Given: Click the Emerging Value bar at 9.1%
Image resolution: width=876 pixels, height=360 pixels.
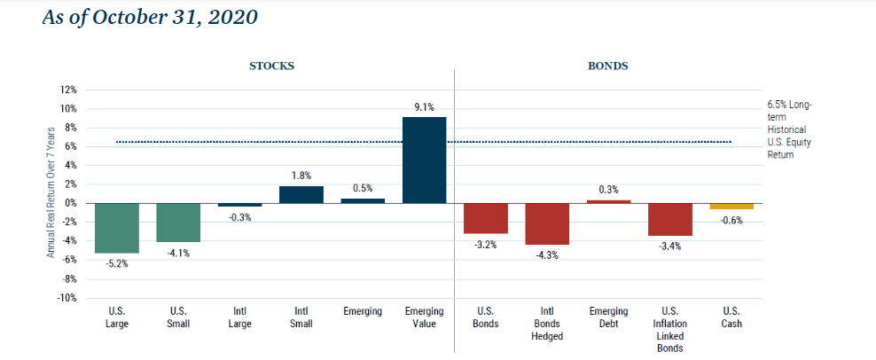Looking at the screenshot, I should [424, 160].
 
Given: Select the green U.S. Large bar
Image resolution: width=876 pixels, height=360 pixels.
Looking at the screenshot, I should [116, 228].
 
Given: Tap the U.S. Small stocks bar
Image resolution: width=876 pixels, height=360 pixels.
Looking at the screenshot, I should [178, 223].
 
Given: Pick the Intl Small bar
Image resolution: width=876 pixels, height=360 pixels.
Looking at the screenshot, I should [301, 194].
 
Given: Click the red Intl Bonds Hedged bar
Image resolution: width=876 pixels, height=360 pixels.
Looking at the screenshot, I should [547, 223].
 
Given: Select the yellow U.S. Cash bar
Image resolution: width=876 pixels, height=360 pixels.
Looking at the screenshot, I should [731, 206].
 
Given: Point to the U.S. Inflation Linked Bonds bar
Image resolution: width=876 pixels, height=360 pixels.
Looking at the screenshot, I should [670, 219].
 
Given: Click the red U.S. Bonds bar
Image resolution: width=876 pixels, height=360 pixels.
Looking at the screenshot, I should [486, 218].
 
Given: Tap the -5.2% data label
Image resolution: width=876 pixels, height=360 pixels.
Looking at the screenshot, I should [117, 263].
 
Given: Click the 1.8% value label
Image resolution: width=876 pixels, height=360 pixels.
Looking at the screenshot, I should [301, 176].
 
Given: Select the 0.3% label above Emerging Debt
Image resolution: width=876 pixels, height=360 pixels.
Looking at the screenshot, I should [609, 189].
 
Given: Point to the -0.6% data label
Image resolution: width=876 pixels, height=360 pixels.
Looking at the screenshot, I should [731, 220].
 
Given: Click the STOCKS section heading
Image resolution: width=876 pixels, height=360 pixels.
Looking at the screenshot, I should [271, 67].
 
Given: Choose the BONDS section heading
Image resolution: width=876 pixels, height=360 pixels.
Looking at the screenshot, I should [608, 67].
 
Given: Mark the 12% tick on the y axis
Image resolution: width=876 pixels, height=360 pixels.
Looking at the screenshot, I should [68, 90].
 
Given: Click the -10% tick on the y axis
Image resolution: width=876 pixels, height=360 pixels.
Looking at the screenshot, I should [67, 298].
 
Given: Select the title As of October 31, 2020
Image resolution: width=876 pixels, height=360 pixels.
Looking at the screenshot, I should [150, 18].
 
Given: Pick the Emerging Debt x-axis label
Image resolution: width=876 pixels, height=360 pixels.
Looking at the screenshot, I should [608, 317].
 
